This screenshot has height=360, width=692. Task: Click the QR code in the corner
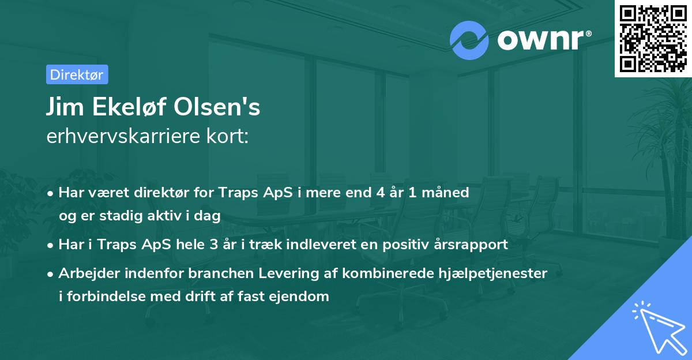(653, 38)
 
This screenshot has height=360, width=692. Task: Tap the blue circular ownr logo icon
(469, 40)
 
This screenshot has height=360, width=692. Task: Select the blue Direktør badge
(77, 74)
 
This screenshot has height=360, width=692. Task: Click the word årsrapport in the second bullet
(472, 244)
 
